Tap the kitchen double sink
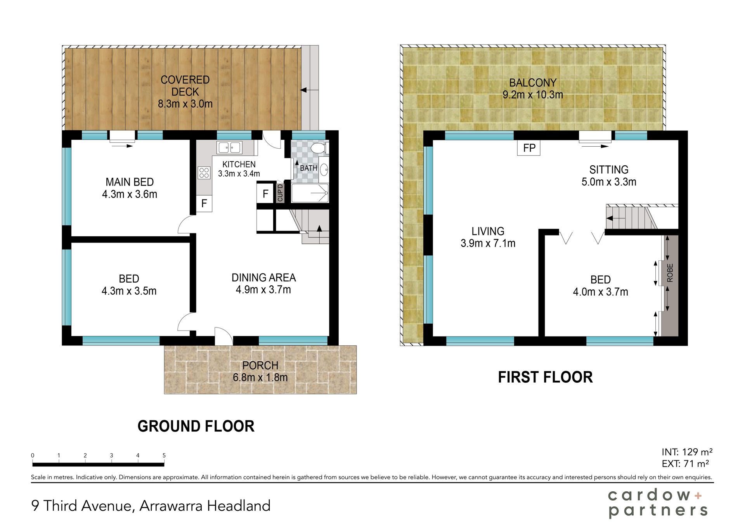230,147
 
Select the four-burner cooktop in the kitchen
204,173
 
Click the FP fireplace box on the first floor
529,148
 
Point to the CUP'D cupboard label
280,192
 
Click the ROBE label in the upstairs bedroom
670,273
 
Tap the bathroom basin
324,170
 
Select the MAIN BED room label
130,182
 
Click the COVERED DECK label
185,86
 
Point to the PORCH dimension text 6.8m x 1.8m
260,377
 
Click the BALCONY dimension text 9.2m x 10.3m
533,95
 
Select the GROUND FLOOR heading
196,426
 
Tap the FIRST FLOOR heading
545,377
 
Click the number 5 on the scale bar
164,455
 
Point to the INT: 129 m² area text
687,452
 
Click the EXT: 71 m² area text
685,464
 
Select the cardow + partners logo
658,503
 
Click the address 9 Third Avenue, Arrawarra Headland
151,506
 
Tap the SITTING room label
609,170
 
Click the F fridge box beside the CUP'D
265,194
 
